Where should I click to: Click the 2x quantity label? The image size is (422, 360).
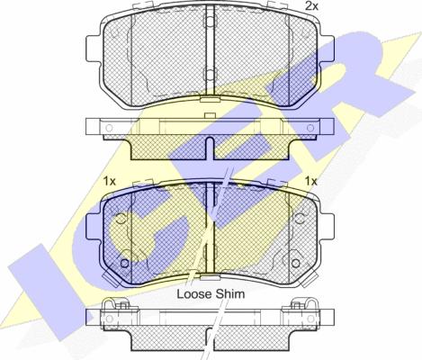[311, 6]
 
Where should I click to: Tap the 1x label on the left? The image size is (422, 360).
[109, 181]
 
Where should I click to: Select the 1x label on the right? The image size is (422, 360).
[311, 181]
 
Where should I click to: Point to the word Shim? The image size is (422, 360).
[230, 294]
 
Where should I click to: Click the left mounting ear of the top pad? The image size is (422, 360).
[94, 49]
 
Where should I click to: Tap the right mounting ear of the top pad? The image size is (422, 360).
[327, 49]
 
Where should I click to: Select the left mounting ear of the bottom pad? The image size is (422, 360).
[94, 227]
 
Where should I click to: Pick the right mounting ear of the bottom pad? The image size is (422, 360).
[327, 227]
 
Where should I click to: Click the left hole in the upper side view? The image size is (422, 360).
[109, 128]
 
